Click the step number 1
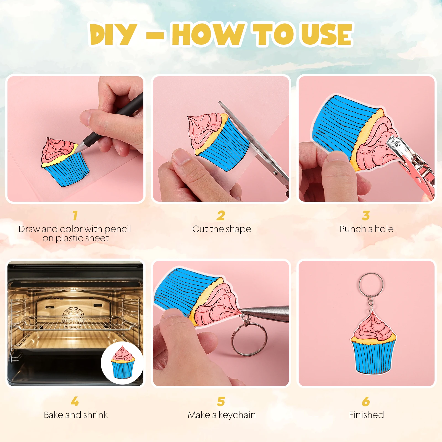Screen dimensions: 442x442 tap(75, 215)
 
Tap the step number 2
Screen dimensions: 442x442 tap(221, 215)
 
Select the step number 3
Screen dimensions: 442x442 tap(366, 215)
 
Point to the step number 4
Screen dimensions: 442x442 tap(75, 401)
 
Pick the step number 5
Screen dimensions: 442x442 tap(221, 401)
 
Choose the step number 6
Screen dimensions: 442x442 tap(366, 401)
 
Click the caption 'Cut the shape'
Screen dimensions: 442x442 tap(222, 229)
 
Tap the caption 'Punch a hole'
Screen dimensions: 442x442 tap(367, 229)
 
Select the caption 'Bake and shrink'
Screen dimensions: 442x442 tap(76, 415)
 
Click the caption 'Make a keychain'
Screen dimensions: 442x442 tap(222, 415)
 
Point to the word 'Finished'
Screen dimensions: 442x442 tap(366, 415)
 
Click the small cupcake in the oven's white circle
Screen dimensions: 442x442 tap(123, 362)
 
